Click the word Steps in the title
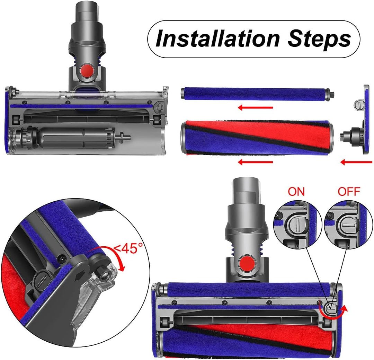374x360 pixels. [319, 39]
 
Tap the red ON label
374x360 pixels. [296, 192]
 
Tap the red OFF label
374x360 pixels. [349, 192]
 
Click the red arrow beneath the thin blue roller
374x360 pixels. [256, 107]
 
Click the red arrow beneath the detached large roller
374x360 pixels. [256, 162]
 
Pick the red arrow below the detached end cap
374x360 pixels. [356, 162]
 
